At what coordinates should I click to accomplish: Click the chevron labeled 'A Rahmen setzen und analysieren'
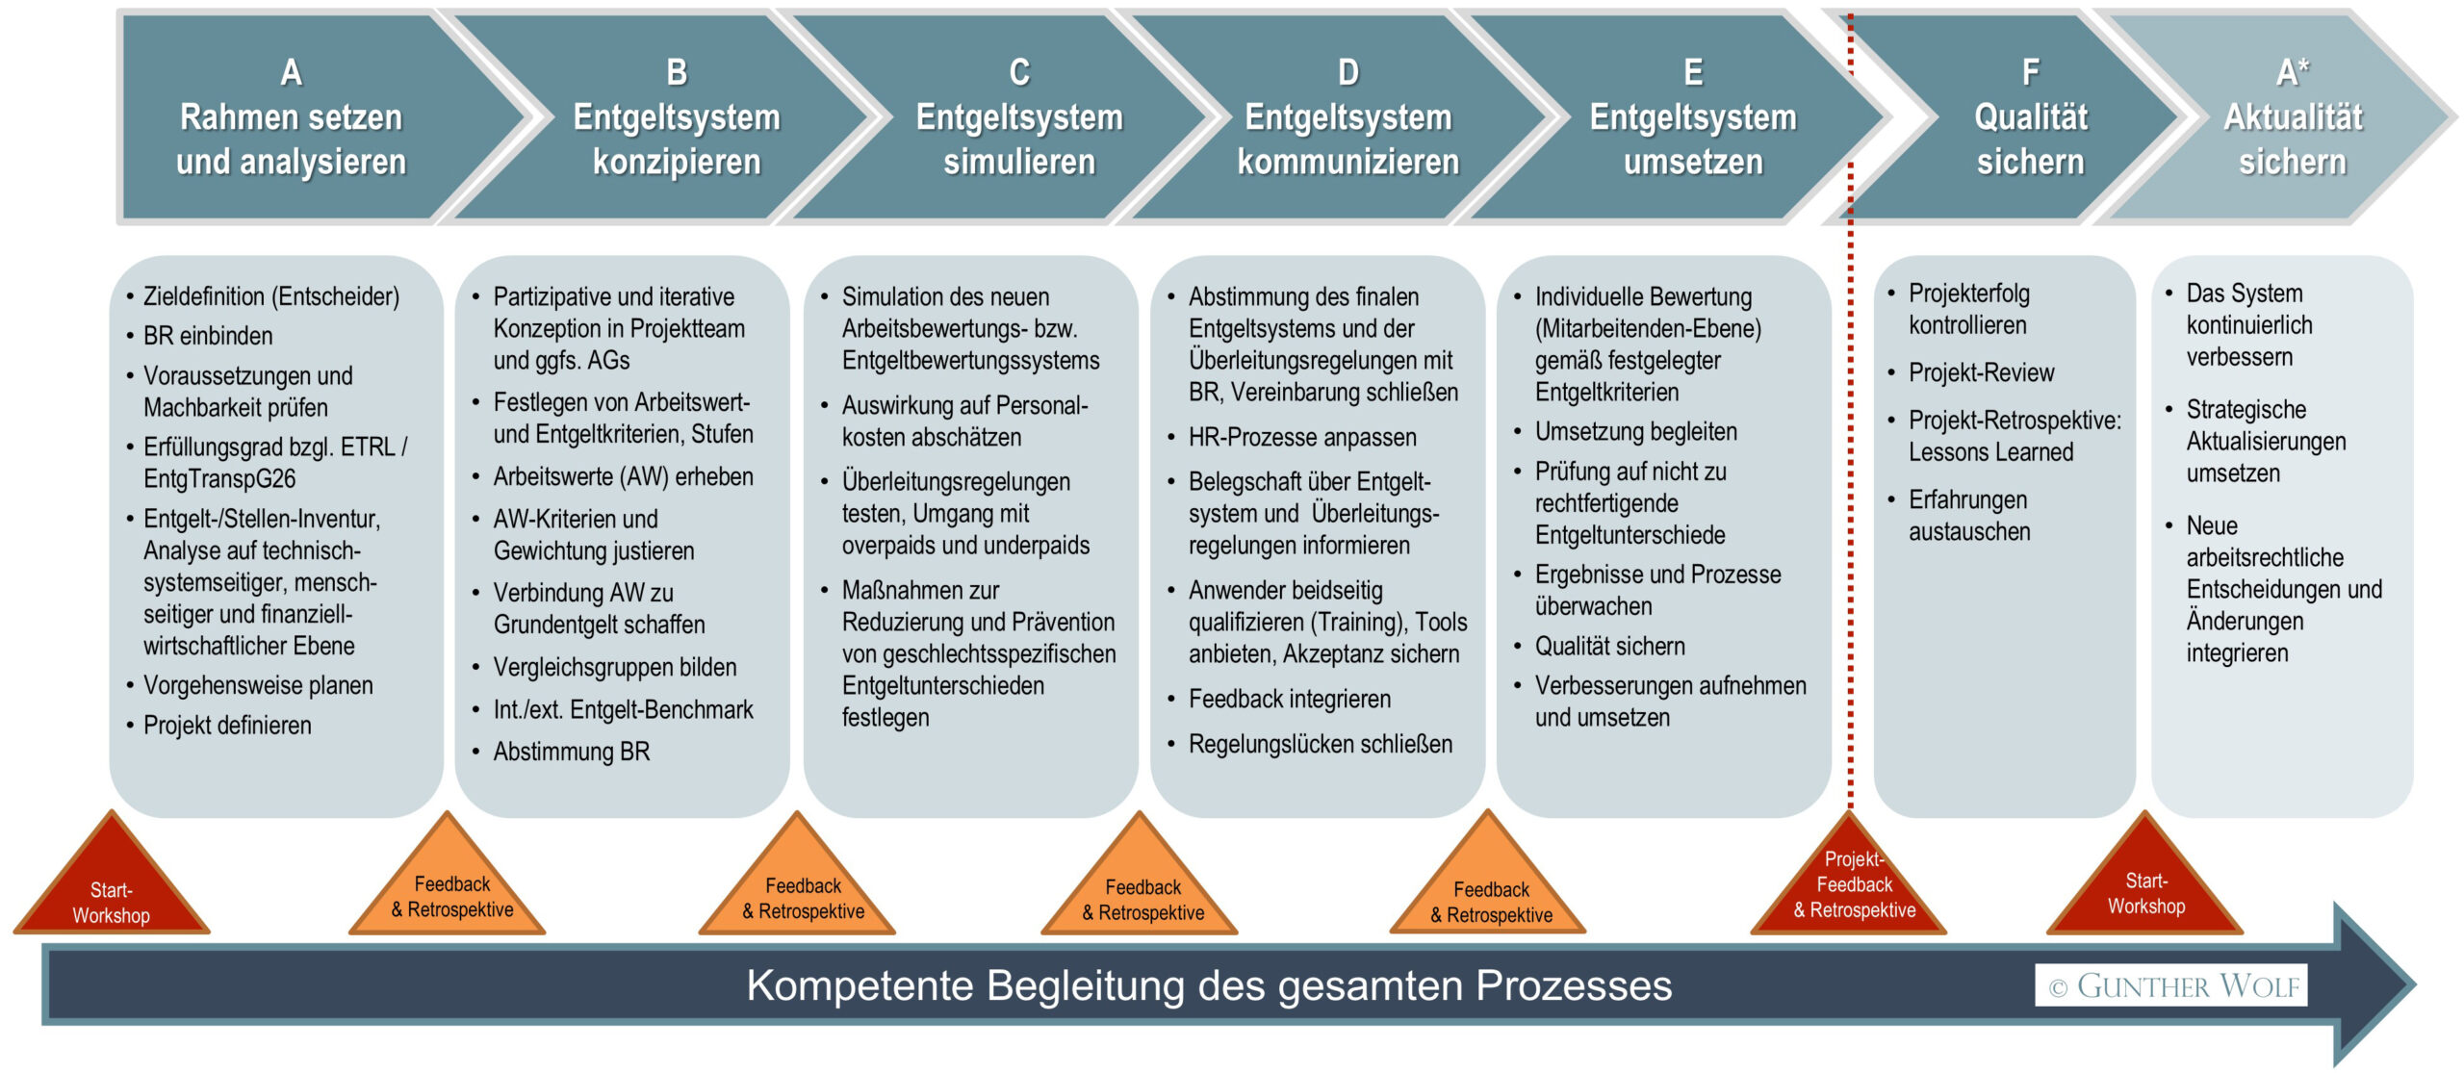291,118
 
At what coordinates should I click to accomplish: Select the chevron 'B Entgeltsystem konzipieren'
676,118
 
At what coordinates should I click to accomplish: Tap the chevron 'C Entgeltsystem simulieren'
1018,118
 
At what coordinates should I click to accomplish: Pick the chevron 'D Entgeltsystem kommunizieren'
1347,118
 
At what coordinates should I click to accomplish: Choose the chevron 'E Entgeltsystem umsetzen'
1692,118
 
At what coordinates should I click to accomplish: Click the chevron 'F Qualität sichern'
2030,118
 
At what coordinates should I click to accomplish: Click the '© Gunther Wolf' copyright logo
2171,985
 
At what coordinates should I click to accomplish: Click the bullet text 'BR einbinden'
208,336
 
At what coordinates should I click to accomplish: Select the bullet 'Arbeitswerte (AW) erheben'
623,476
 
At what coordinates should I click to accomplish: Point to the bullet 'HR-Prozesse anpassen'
1301,437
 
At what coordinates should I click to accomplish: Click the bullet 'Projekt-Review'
1981,372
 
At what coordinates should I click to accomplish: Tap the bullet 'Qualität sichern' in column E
1609,646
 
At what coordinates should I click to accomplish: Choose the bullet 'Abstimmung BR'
572,752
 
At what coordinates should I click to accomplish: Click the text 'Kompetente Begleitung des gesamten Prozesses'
1209,985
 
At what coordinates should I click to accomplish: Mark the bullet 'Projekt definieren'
227,725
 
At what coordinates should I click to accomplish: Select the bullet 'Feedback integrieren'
1289,699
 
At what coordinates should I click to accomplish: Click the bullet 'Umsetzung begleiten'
1635,431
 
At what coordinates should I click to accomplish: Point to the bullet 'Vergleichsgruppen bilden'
614,667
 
